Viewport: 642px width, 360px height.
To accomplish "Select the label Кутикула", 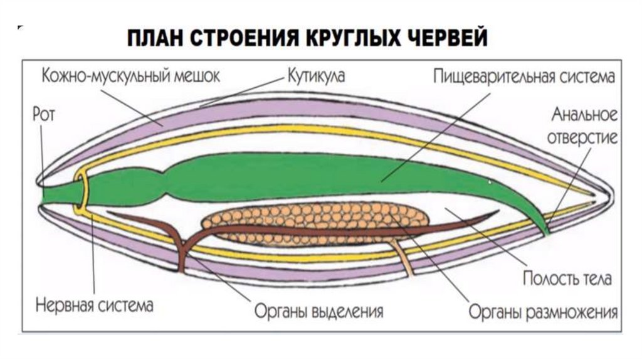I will tap(316, 77).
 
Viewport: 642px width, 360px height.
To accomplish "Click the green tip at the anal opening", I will tap(546, 231).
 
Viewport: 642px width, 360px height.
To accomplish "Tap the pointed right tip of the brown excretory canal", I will tap(498, 213).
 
